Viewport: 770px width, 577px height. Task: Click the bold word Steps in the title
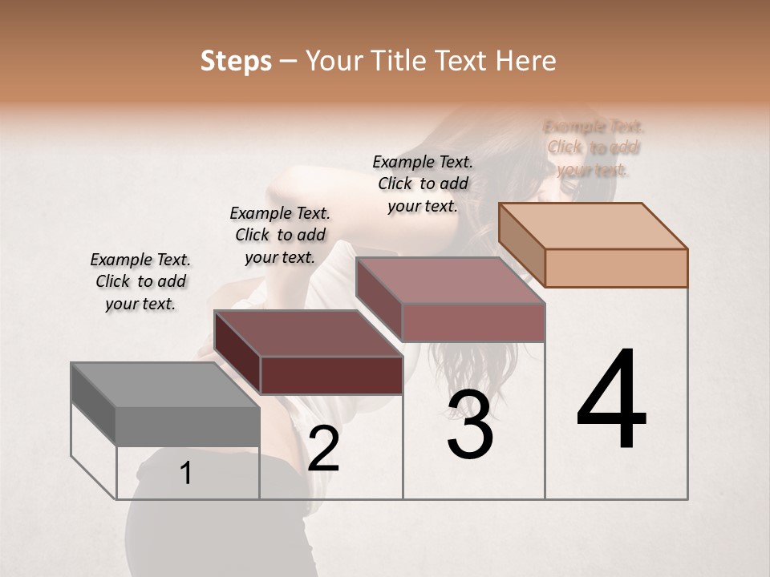click(236, 61)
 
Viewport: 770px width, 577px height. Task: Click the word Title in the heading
click(401, 61)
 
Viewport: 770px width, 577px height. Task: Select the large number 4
click(611, 401)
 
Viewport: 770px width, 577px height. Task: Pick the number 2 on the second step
click(323, 449)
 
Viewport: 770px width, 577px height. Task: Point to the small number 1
click(186, 473)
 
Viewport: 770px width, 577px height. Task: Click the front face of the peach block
click(616, 268)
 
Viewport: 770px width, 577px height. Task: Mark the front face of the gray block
click(188, 426)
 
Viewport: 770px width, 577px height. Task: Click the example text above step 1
click(140, 281)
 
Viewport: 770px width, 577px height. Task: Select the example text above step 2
click(280, 235)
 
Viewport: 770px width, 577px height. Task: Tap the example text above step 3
click(423, 184)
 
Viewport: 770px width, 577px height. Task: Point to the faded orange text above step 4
click(594, 147)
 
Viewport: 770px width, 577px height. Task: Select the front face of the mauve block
click(473, 322)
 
